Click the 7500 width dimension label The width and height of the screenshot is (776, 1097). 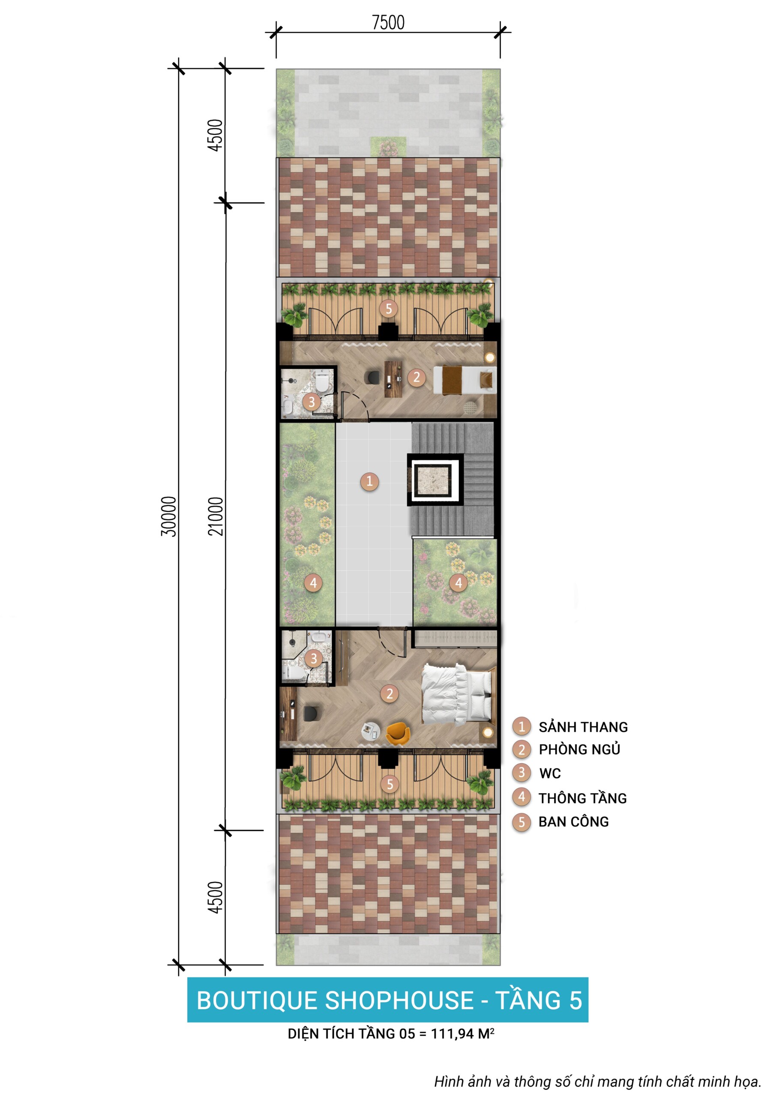coord(388,22)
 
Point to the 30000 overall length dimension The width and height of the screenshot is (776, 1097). coord(168,516)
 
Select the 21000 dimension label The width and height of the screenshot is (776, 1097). coord(216,516)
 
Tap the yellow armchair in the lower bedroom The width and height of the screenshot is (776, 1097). coord(398,733)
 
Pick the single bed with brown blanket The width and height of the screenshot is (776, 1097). coord(464,380)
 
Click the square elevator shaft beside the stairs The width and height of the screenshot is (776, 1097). coord(435,480)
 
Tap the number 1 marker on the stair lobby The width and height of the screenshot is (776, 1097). coord(369,481)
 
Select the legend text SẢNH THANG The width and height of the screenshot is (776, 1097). coord(583,727)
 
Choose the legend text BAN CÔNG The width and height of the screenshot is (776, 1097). coord(573,821)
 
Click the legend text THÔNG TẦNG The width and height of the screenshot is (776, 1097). coord(582,797)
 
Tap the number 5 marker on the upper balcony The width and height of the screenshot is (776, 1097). coord(389,309)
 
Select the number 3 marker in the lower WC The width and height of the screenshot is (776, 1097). coord(314,659)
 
